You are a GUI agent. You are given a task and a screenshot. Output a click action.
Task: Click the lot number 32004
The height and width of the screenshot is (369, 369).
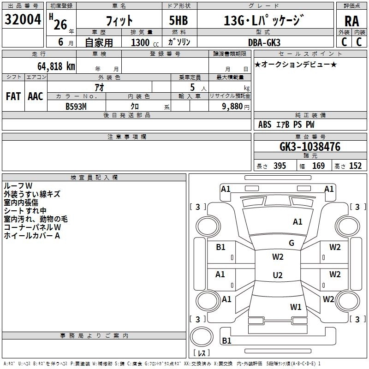tap(23, 20)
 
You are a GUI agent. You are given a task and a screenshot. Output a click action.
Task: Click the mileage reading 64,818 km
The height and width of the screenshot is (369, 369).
tap(52, 66)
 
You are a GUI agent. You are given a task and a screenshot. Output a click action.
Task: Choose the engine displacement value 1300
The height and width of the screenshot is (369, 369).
tap(140, 42)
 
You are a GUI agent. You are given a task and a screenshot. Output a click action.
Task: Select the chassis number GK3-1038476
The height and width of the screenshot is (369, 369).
tap(310, 147)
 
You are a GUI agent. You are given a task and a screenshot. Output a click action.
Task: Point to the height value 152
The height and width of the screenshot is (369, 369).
tap(355, 166)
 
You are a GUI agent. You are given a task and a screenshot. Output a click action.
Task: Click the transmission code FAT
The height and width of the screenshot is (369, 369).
tap(13, 96)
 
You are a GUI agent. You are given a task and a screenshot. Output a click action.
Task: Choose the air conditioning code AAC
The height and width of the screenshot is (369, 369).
tap(36, 96)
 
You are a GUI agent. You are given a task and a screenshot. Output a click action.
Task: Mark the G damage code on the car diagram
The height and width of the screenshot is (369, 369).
tap(292, 243)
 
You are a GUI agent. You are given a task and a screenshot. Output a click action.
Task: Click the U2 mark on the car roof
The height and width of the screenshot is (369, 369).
tap(278, 275)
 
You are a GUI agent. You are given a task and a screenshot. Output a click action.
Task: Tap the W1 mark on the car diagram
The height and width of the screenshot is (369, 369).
tap(296, 307)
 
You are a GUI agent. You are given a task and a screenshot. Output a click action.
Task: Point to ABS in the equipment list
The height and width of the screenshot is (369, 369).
tap(265, 125)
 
